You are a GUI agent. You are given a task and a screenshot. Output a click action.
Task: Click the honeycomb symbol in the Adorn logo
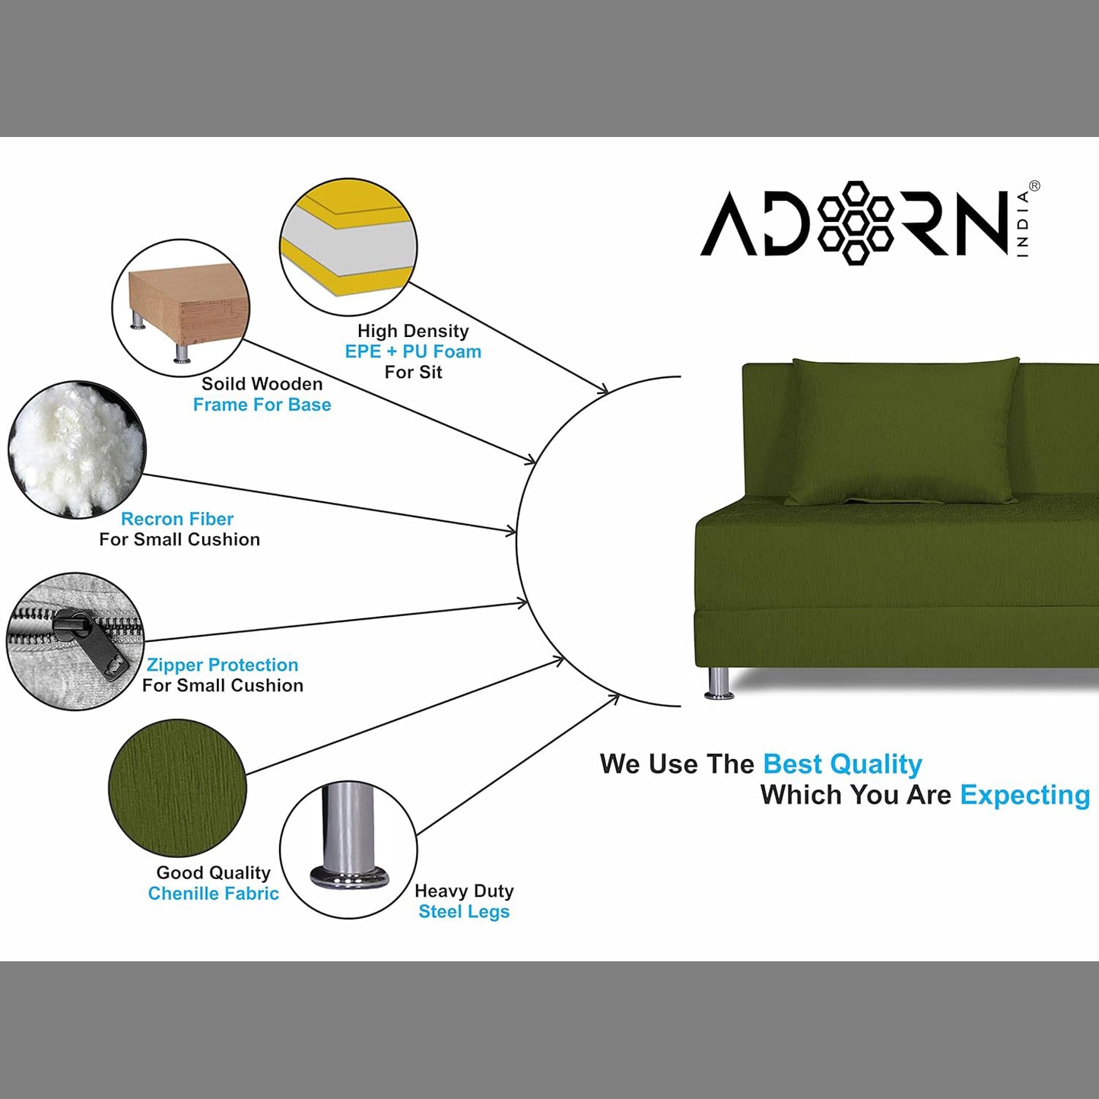tap(856, 223)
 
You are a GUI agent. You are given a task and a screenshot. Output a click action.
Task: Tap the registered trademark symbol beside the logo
tap(1034, 186)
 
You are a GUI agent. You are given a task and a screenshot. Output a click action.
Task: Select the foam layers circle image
tap(348, 246)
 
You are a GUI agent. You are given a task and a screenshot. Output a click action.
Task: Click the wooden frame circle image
tap(181, 307)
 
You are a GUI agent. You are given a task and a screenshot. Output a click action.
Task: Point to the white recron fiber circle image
tap(76, 449)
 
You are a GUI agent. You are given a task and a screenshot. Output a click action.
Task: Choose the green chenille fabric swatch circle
tap(177, 788)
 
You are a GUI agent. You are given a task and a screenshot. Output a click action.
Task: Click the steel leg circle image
tap(348, 849)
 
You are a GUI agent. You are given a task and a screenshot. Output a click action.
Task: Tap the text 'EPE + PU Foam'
tap(413, 352)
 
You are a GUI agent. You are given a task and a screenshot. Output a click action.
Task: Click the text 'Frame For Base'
tap(262, 405)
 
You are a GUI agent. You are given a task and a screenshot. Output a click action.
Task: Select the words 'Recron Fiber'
tap(177, 519)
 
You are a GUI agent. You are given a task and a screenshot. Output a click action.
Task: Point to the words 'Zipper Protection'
tap(222, 665)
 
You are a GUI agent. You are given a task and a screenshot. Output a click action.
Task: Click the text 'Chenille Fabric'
tap(213, 894)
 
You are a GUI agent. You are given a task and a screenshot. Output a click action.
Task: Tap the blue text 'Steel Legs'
tap(464, 911)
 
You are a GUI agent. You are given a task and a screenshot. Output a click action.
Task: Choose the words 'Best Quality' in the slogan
tap(842, 764)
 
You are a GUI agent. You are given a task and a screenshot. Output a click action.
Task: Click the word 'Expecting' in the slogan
tap(1024, 795)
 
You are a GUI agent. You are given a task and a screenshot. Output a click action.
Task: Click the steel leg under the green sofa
tap(717, 682)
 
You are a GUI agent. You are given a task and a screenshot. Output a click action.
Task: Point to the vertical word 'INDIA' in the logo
tap(1023, 224)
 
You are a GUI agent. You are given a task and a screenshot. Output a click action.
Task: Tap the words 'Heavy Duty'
tap(464, 891)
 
